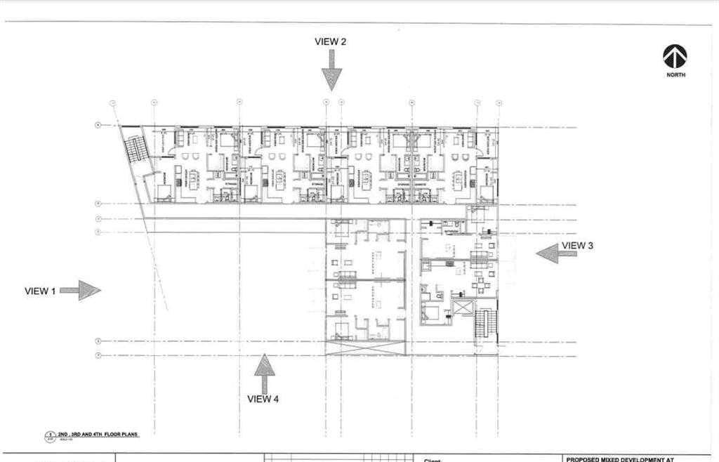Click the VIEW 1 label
40,291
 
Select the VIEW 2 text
330,41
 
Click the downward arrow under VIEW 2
331,72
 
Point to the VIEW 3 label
577,245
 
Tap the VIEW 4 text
263,399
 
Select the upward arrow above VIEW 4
264,372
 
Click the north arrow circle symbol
675,56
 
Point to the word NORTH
676,75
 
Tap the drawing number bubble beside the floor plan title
49,438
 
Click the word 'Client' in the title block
432,461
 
